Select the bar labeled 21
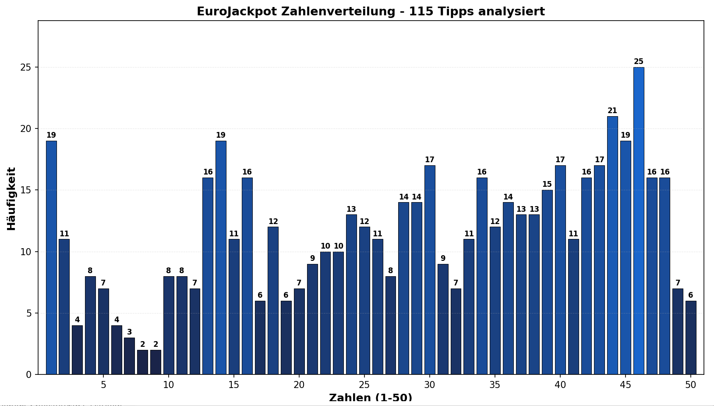coord(612,245)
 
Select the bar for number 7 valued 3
coord(129,356)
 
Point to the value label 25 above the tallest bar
coord(639,61)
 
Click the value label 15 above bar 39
coord(547,184)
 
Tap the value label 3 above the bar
coord(129,332)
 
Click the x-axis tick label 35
coord(495,385)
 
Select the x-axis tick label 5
coord(103,385)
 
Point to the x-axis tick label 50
coord(691,385)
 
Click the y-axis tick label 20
coord(26,129)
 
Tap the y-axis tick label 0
coord(29,374)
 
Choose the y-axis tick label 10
coord(26,252)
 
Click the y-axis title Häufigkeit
coord(11,199)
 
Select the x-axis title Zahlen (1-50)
coord(371,398)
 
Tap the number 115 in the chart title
coord(420,11)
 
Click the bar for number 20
coord(299,331)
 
